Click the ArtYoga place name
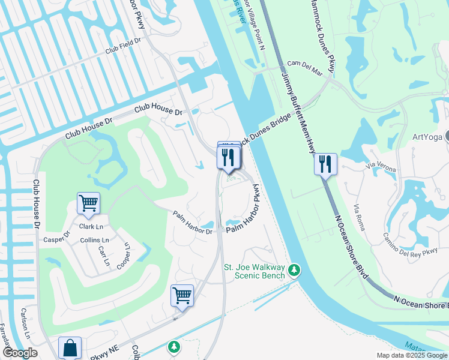point(427,137)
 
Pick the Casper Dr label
point(57,238)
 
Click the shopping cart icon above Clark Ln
point(88,203)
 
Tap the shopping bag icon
point(70,347)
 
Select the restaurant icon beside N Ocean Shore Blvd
point(325,164)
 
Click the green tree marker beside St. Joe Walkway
point(294,271)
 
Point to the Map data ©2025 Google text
point(412,355)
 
